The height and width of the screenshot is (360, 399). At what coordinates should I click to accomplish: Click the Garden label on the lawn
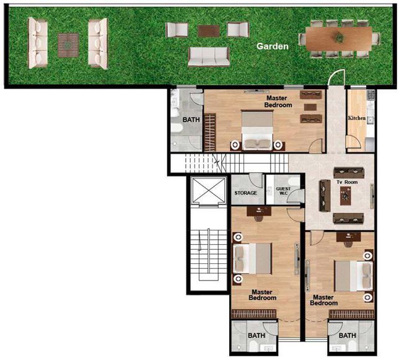coord(272,46)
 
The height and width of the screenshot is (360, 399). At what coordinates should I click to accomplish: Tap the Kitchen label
coord(357,118)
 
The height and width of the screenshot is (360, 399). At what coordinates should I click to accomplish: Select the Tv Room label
coord(347,182)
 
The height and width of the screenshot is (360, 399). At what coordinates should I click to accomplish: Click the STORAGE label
coord(245,193)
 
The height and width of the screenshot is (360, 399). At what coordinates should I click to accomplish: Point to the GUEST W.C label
coord(283,191)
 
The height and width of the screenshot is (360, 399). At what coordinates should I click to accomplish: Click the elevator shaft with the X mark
coord(209,191)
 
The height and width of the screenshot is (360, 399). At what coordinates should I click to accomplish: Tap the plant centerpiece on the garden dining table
coord(340,38)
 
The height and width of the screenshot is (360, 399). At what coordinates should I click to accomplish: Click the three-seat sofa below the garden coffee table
coord(209,57)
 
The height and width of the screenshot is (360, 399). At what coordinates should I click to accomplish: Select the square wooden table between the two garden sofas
coord(68,45)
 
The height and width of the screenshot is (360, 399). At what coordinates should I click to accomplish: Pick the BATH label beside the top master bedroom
coord(191,120)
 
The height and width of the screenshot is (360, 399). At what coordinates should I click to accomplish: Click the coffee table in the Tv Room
coord(346,196)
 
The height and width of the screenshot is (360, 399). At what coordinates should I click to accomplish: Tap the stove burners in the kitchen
coord(370,95)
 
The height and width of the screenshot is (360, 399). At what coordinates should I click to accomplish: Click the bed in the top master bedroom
coord(257,130)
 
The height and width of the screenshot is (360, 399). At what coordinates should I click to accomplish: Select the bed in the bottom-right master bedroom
coord(354,276)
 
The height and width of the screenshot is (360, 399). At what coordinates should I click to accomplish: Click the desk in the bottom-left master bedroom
coord(259,211)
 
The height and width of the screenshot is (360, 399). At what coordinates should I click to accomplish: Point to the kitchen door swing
coord(354,143)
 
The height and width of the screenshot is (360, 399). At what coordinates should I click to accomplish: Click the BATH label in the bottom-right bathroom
coord(348,336)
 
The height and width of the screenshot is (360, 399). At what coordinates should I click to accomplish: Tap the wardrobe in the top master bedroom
coord(210,133)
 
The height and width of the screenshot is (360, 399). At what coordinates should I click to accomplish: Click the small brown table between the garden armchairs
coord(209,31)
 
